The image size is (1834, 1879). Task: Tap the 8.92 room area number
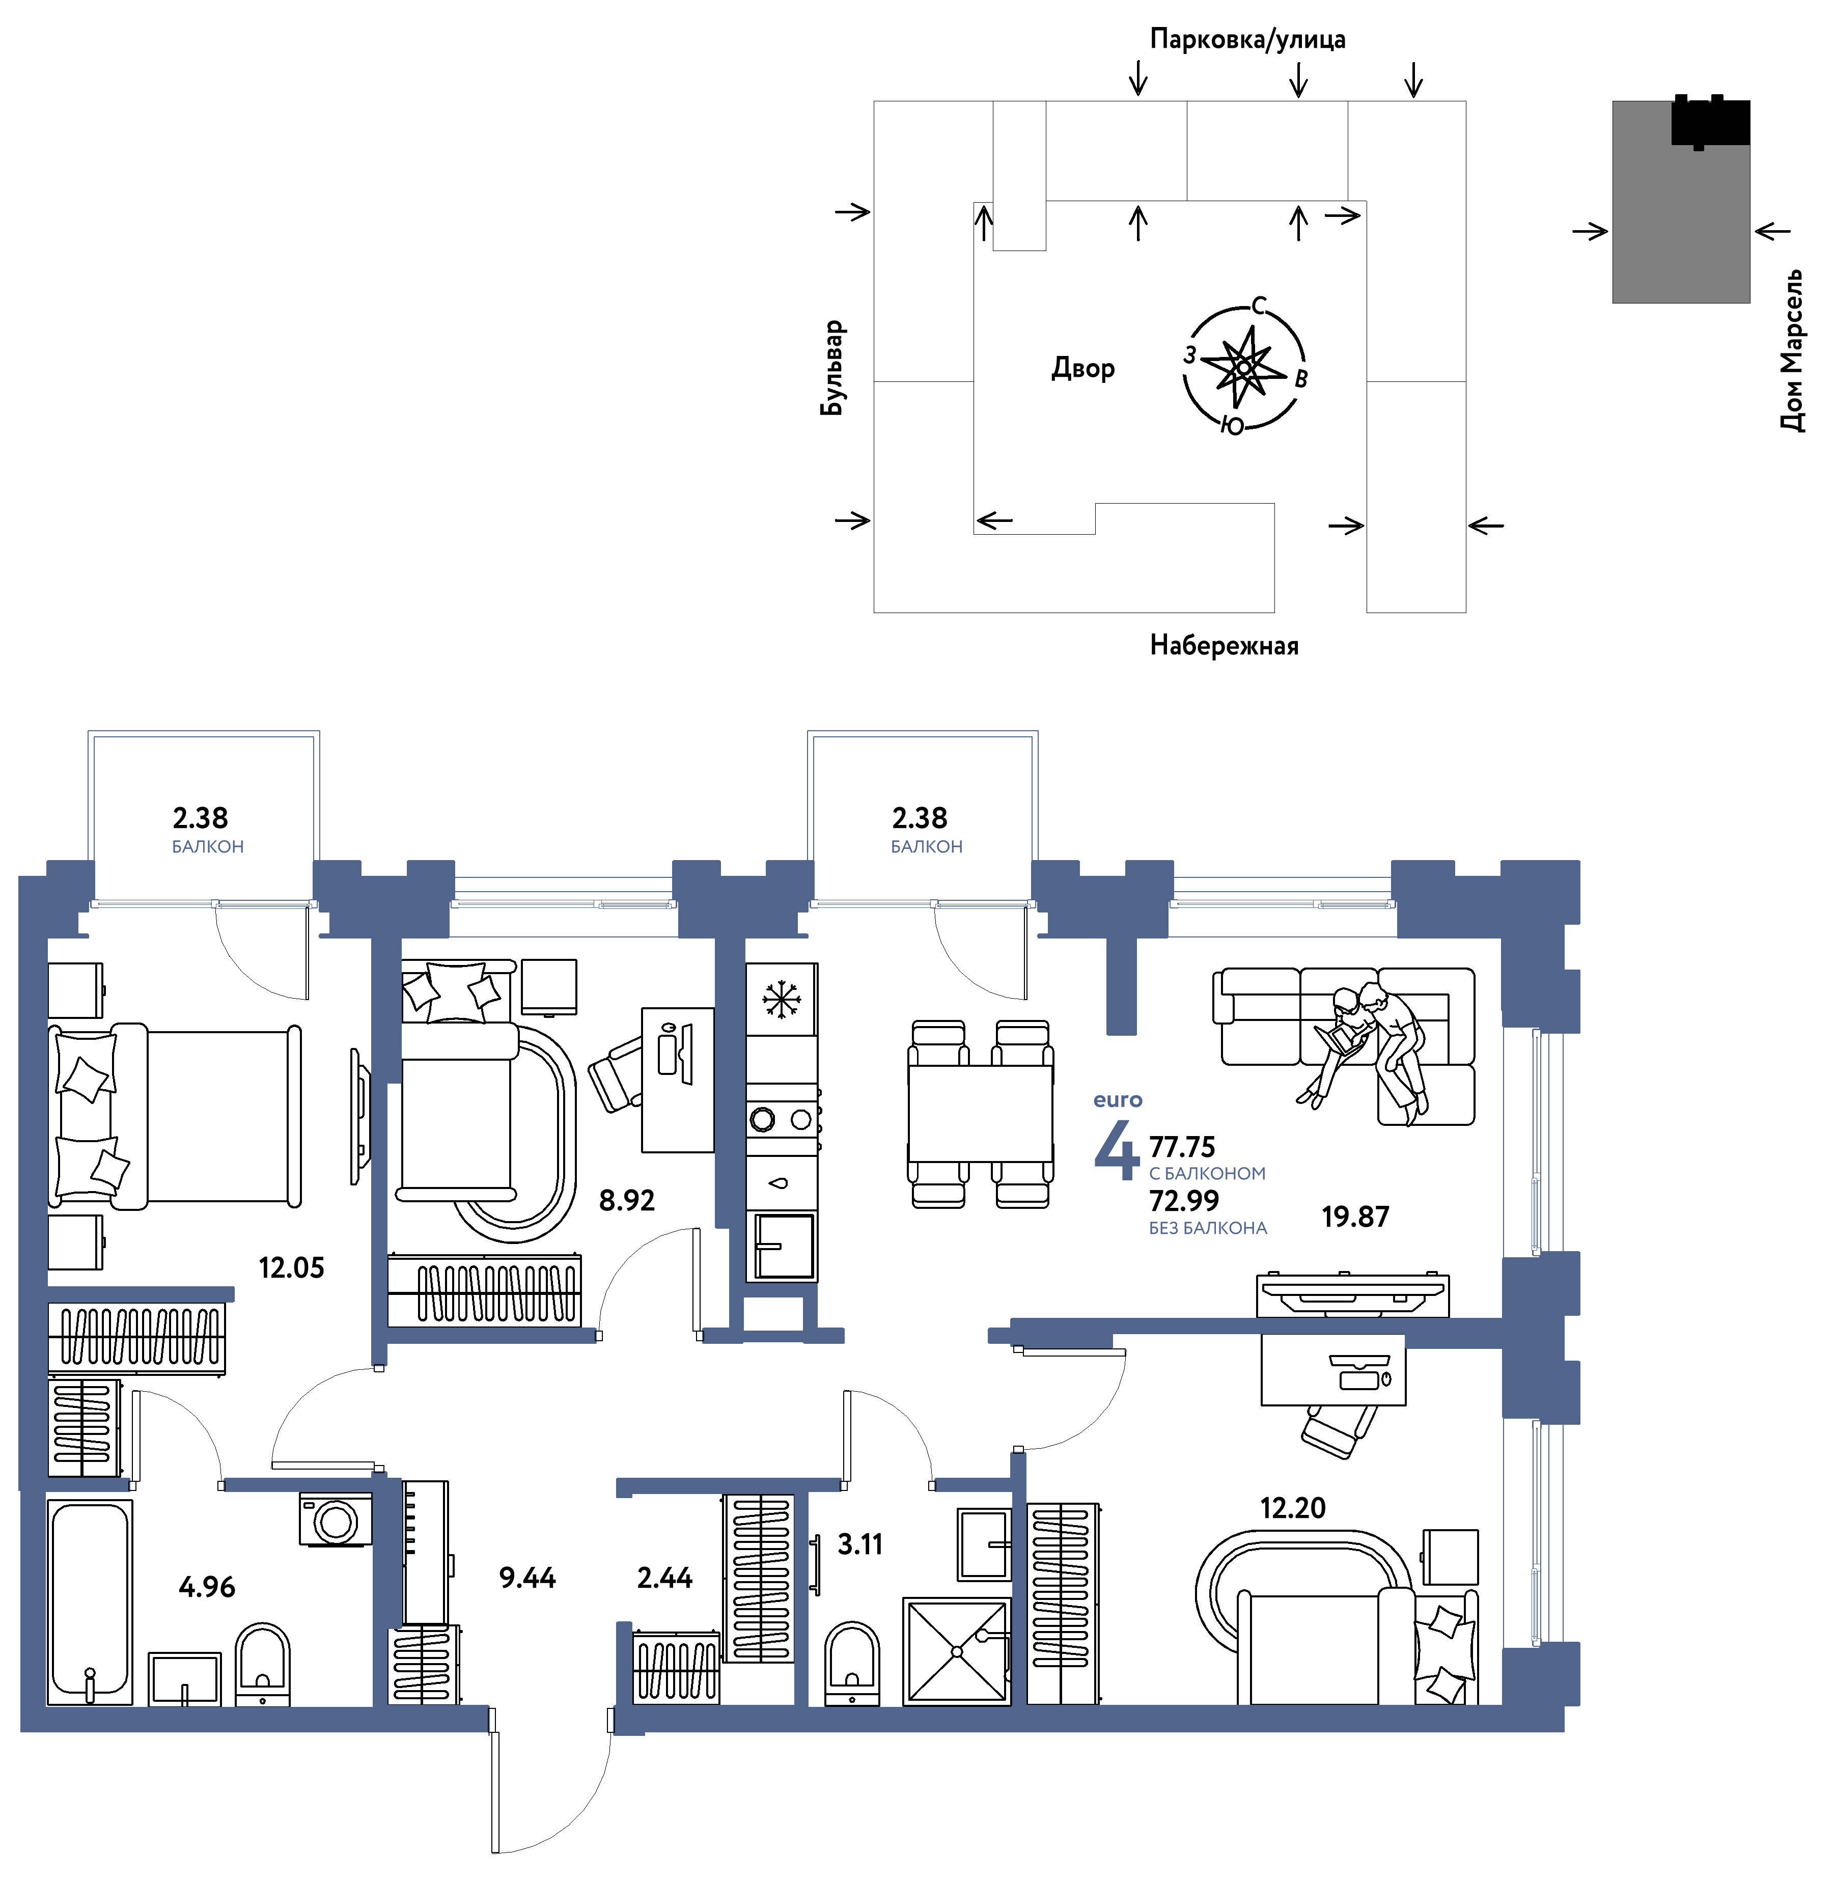tap(627, 1200)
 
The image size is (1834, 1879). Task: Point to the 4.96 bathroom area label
tap(207, 1586)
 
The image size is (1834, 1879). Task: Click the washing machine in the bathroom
tap(335, 1521)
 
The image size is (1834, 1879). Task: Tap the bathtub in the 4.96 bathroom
tap(90, 1600)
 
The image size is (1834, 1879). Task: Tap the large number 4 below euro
tap(1117, 1150)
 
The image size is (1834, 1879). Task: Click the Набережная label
tap(1224, 645)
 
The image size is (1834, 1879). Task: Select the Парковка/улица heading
tap(1247, 40)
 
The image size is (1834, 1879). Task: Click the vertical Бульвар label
tap(832, 368)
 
